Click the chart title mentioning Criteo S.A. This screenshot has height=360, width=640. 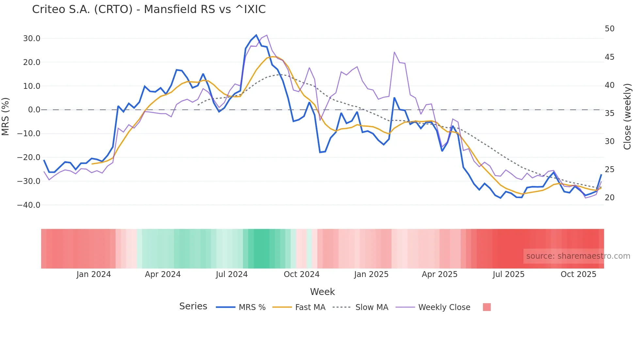149,9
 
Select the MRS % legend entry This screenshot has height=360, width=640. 252,307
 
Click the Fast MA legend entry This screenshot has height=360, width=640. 310,307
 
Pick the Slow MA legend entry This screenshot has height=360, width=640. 372,307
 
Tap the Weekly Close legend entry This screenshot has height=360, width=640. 444,307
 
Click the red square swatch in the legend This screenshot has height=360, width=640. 487,307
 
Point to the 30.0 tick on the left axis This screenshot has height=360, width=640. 32,39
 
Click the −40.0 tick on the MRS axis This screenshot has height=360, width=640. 29,205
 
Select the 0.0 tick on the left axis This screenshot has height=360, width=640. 34,110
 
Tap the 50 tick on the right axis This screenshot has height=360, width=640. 609,29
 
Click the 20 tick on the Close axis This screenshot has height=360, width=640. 609,198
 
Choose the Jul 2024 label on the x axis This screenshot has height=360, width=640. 232,274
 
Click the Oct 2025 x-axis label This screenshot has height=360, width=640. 578,274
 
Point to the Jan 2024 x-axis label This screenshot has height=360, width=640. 94,274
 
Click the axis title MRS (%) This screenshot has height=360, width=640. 6,116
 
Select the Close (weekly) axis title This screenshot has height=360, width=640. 627,117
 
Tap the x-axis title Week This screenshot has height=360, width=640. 322,292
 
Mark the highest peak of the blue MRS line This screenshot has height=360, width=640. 256,35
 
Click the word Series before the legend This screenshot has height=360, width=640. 193,306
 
